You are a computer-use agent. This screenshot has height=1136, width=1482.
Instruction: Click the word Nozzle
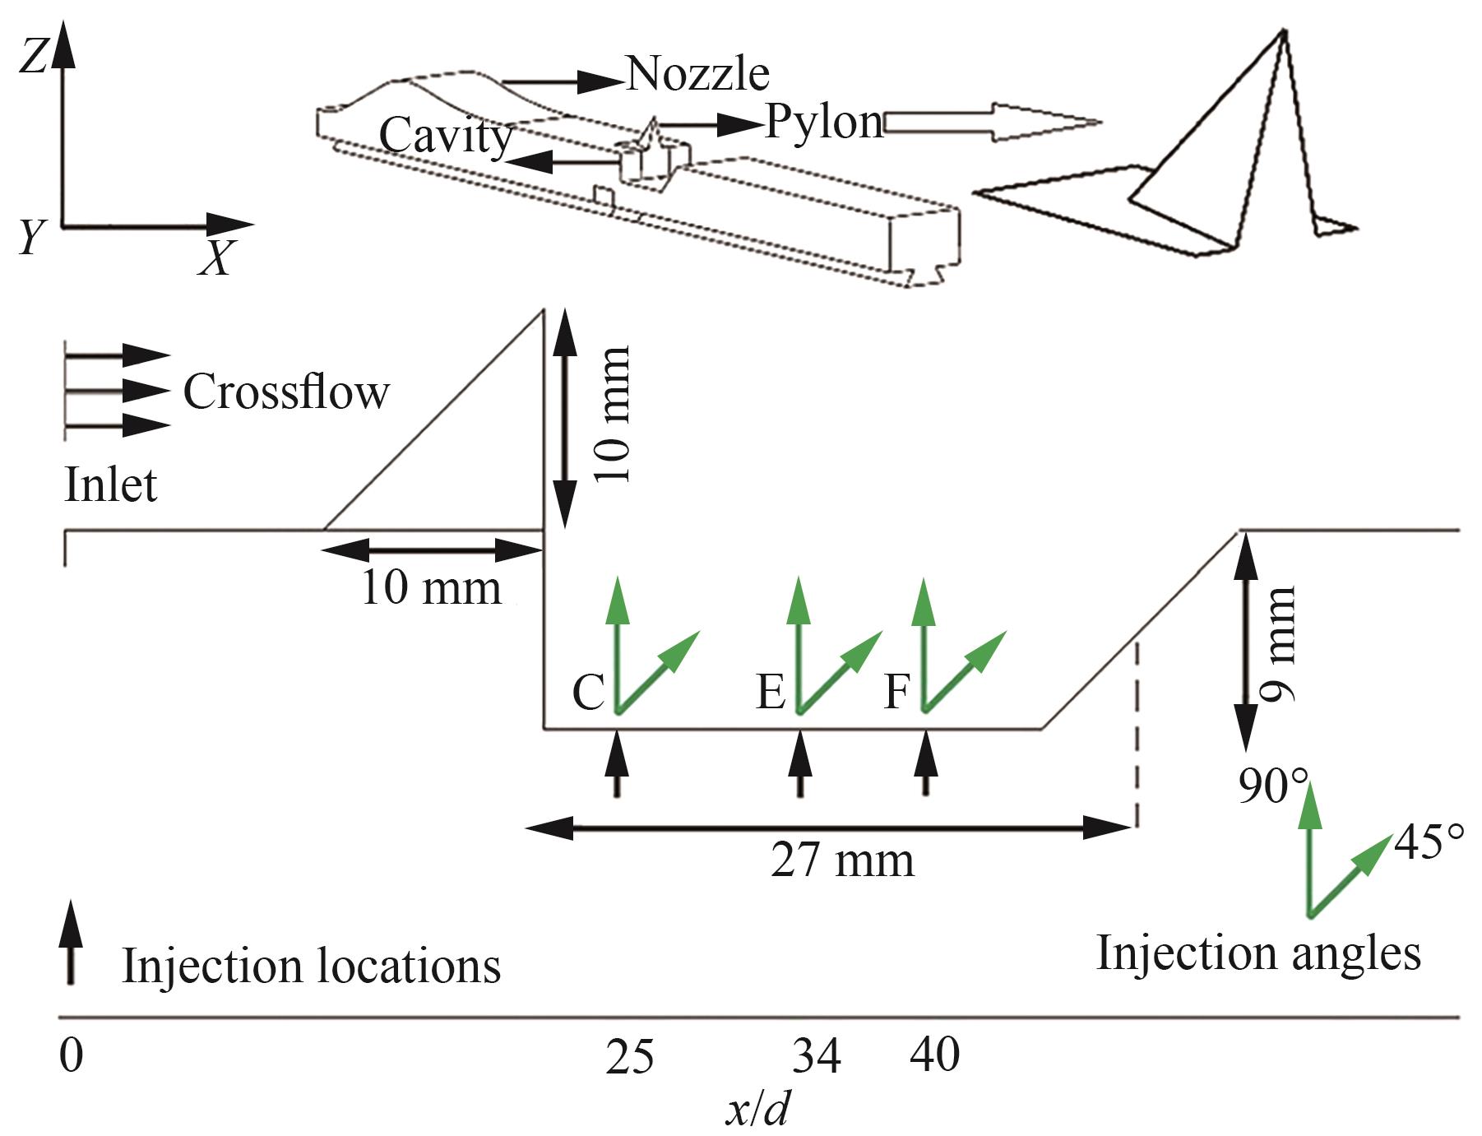click(x=698, y=74)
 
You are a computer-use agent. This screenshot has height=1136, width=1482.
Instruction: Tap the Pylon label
click(x=824, y=123)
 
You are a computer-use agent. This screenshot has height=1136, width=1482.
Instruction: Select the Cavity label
click(x=447, y=136)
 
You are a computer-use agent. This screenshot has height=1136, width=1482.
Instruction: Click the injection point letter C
click(x=589, y=693)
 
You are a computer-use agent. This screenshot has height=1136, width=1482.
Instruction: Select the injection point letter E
click(x=771, y=693)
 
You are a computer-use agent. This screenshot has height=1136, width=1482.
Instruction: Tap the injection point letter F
click(x=896, y=693)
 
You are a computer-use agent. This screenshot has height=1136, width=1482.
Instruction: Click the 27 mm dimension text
click(x=842, y=861)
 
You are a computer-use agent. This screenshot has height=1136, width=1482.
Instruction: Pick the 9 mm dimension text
click(x=1278, y=644)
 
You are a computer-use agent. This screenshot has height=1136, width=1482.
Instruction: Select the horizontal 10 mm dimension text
click(x=431, y=588)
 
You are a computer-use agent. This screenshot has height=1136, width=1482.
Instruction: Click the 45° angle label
click(x=1429, y=846)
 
